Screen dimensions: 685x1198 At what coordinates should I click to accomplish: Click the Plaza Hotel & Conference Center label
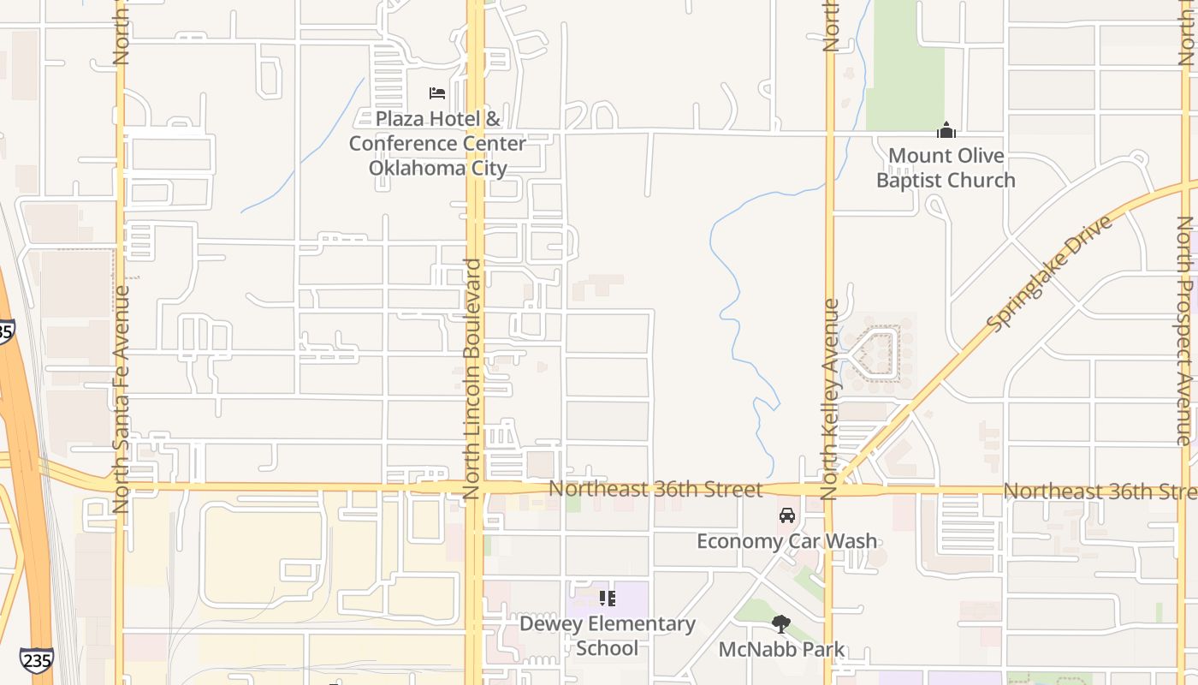pos(437,143)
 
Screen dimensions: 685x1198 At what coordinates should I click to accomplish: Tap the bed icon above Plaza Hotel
pos(437,92)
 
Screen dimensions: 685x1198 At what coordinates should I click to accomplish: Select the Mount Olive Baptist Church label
pos(946,168)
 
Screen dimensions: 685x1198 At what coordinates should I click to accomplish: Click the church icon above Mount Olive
pos(946,130)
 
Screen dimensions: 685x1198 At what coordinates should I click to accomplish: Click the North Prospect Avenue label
pos(1186,330)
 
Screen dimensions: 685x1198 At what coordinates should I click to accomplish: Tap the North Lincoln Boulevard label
pos(471,378)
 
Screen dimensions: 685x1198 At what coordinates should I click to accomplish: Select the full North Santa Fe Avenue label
pos(121,398)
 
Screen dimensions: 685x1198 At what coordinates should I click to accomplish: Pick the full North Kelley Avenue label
pos(828,398)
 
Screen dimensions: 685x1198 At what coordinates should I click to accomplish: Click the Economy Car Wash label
pos(786,541)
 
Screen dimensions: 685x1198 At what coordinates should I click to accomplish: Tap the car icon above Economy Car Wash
pos(786,515)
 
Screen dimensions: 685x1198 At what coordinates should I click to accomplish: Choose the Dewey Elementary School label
pos(607,635)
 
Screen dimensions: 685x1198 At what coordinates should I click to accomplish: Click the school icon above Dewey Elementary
pos(607,598)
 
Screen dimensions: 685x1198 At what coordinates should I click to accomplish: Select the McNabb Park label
pos(780,650)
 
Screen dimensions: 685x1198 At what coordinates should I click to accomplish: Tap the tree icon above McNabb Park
pos(780,623)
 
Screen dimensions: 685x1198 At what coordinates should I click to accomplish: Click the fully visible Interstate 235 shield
pos(36,659)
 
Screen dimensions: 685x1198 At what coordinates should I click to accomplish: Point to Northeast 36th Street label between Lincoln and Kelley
pos(655,489)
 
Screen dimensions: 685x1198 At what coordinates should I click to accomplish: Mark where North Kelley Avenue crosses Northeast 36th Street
pos(828,490)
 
